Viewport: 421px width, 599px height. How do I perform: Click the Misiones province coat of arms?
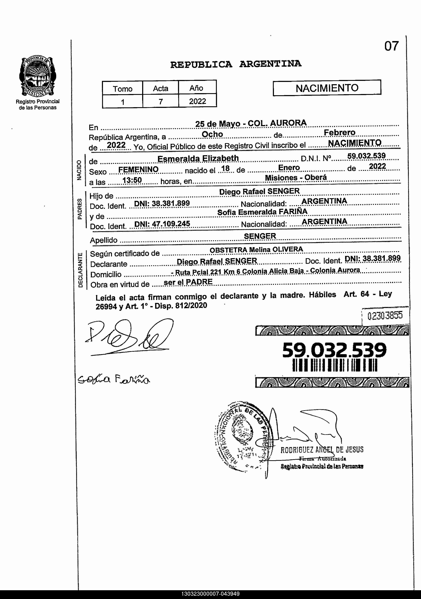tap(37, 76)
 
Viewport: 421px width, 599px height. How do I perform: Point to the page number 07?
tap(391, 46)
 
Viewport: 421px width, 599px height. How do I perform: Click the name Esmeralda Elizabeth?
tap(198, 158)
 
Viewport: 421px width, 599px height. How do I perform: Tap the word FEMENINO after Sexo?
tap(138, 169)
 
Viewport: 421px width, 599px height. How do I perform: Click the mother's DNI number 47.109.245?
tap(162, 224)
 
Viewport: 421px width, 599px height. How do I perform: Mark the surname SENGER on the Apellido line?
tap(260, 236)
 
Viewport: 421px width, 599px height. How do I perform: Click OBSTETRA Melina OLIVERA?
tap(256, 250)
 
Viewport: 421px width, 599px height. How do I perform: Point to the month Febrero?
tap(339, 133)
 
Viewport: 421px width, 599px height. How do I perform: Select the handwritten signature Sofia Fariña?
tap(114, 380)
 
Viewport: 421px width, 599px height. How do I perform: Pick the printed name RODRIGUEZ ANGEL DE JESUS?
tap(322, 450)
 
